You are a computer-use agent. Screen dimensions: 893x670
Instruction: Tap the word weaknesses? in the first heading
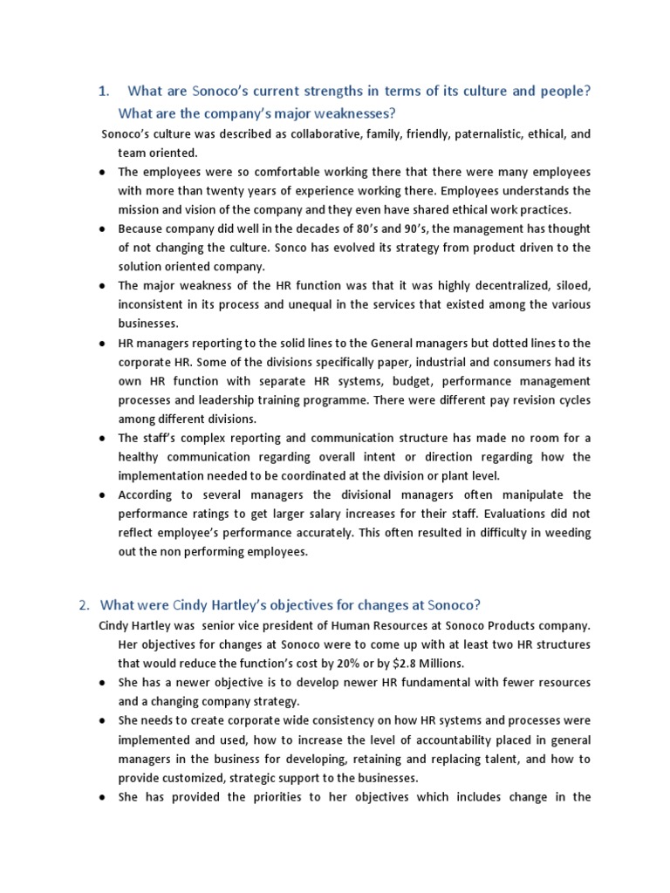[345, 114]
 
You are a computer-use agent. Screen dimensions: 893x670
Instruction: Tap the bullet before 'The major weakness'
[101, 286]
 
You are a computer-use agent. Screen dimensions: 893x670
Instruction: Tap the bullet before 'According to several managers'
[101, 495]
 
